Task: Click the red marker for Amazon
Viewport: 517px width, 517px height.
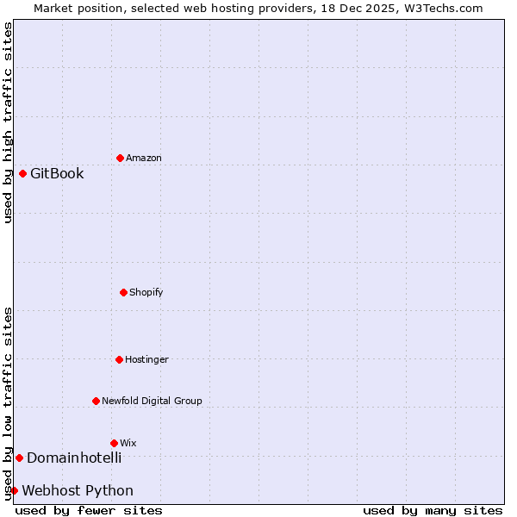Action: coord(120,158)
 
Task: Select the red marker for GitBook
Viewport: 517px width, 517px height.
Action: coord(22,173)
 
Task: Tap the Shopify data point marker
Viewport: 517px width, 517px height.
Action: coord(123,292)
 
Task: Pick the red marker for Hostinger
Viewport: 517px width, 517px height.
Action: coord(119,359)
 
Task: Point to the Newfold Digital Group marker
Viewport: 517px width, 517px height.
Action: coord(96,401)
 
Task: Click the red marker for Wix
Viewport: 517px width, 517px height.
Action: coord(114,443)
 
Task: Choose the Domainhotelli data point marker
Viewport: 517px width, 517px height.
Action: coord(19,458)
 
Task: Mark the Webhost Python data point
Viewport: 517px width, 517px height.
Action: coord(14,490)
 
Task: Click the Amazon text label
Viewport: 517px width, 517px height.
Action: coord(144,158)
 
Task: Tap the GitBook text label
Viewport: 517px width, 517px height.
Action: coord(57,173)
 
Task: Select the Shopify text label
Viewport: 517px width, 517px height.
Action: coord(146,292)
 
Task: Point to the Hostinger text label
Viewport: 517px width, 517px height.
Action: coord(146,359)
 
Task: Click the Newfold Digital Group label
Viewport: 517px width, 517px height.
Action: coord(152,401)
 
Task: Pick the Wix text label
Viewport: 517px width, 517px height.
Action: coord(128,443)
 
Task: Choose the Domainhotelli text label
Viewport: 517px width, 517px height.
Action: coord(74,458)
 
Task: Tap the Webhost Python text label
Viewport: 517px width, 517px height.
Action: coord(78,490)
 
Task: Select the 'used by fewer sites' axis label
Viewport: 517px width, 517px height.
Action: coord(89,510)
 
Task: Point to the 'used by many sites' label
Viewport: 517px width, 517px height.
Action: coord(433,510)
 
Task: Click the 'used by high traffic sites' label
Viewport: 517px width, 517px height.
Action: coord(8,122)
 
